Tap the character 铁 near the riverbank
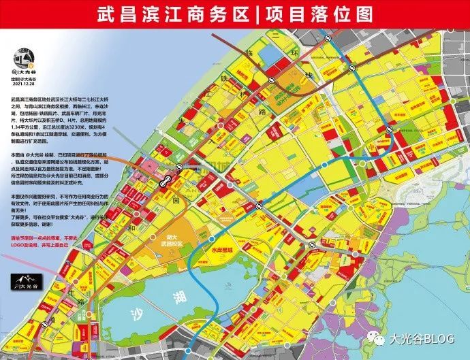(x=223, y=78)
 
